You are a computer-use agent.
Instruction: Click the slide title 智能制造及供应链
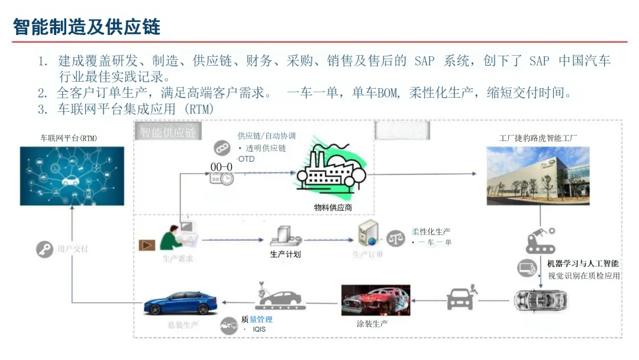coord(86,27)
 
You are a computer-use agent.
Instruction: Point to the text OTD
coord(246,159)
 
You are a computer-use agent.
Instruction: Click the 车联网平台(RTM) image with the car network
coord(72,176)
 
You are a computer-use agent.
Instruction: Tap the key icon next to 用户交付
coord(44,249)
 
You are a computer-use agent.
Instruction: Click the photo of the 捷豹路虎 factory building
coord(538,175)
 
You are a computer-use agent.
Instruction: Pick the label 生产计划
coord(286,255)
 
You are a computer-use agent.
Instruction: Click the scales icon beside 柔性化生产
coord(396,237)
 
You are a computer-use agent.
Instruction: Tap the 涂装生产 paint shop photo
coord(376,300)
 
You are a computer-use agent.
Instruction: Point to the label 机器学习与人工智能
coord(583,263)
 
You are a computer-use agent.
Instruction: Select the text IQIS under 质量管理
coord(259,329)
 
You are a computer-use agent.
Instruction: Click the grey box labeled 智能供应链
coord(168,132)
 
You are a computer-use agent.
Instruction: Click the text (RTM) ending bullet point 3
coord(199,110)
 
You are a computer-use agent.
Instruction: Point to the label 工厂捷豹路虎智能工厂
coord(538,138)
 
